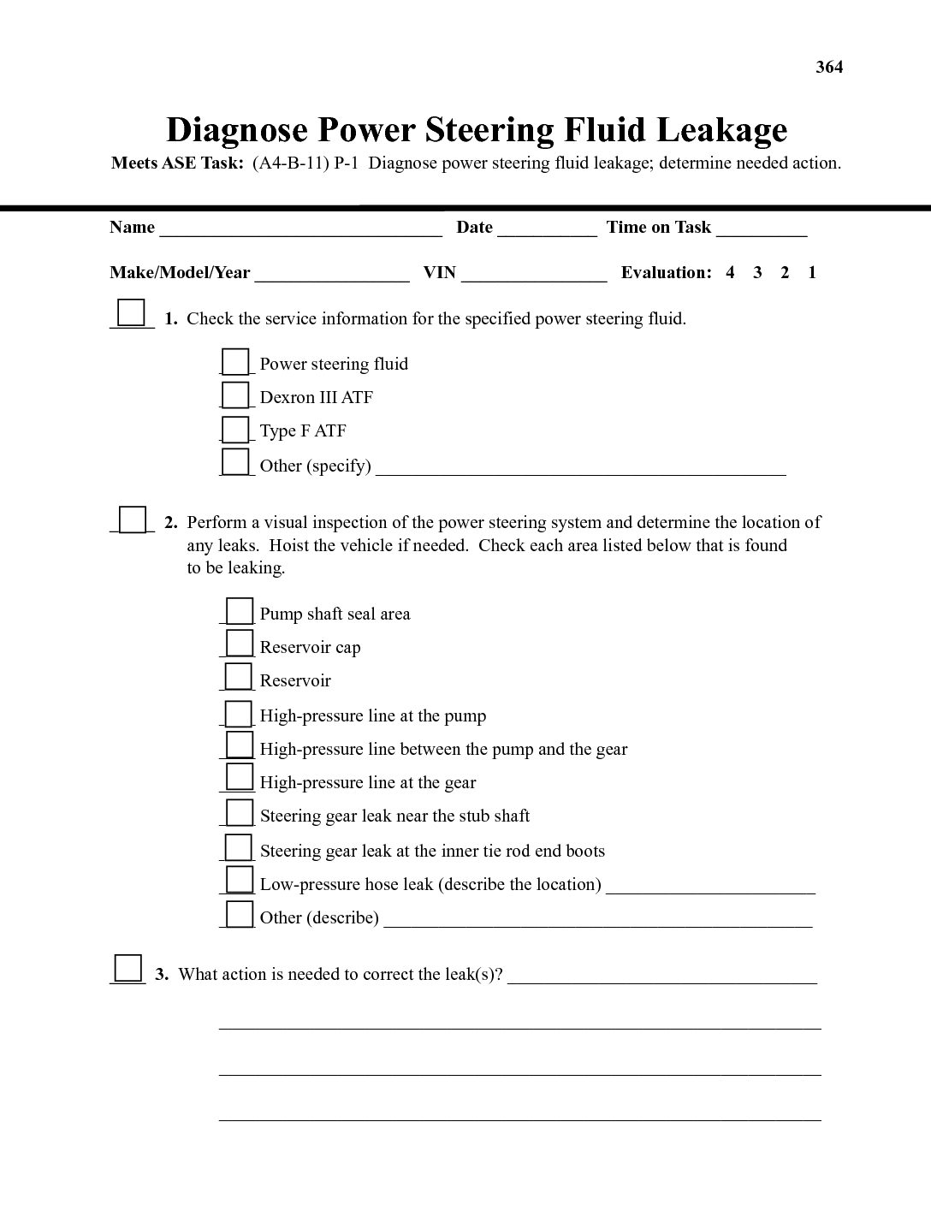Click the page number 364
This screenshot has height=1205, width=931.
[x=829, y=67]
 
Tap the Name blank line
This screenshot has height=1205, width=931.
[x=300, y=229]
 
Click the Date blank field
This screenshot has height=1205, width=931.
[x=547, y=229]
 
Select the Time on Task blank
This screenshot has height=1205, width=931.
[x=762, y=229]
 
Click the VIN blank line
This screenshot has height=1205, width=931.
[x=534, y=275]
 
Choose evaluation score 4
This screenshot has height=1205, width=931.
[x=730, y=273]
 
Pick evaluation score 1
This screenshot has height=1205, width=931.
[x=812, y=273]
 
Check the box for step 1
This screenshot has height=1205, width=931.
[x=131, y=312]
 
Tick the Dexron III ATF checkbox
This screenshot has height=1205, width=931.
[x=235, y=395]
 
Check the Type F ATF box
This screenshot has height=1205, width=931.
[x=235, y=429]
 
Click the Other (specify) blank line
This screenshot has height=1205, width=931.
[x=580, y=468]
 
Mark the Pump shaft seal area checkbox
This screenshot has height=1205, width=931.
[x=240, y=611]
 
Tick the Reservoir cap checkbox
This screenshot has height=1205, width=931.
[x=240, y=644]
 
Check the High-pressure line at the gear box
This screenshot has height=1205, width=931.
[x=240, y=778]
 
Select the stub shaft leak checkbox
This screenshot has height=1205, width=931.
[x=240, y=812]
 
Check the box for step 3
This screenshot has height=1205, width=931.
[x=128, y=968]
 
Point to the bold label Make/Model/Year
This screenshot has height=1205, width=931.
[x=180, y=273]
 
